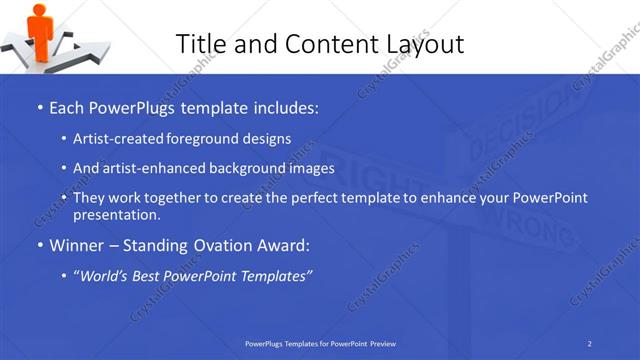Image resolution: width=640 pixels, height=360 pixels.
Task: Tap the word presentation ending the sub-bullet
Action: click(116, 214)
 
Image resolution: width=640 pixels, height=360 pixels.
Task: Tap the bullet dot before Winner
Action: click(39, 245)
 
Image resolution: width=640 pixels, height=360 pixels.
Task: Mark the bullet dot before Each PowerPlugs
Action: click(39, 106)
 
